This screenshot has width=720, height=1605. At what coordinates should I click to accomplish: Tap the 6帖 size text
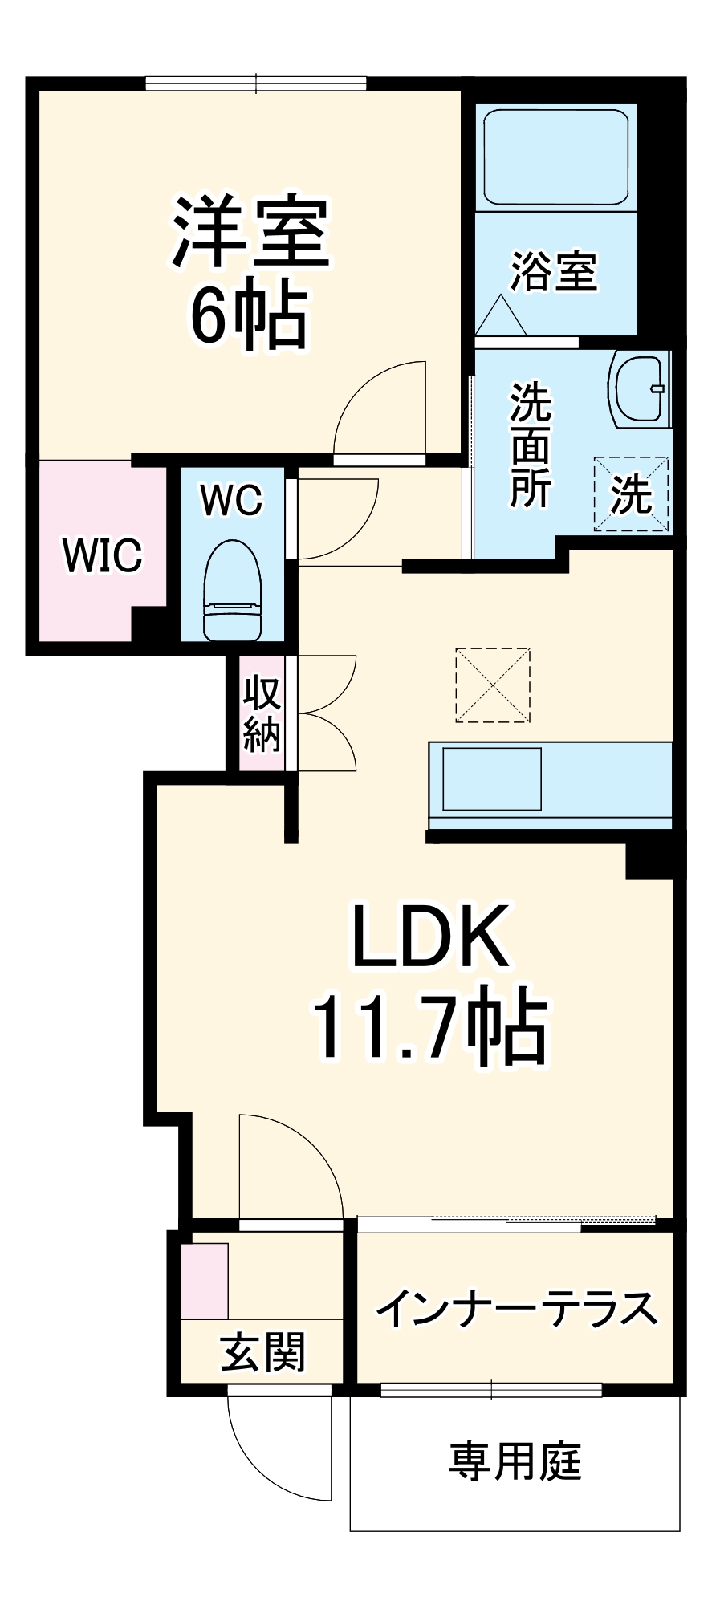pyautogui.click(x=249, y=315)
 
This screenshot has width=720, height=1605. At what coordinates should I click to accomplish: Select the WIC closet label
pyautogui.click(x=103, y=555)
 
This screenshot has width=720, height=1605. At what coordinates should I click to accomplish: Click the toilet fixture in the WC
pyautogui.click(x=233, y=591)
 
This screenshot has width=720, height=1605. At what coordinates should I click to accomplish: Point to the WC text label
pyautogui.click(x=232, y=500)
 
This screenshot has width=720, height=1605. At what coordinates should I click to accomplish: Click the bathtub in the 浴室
pyautogui.click(x=556, y=157)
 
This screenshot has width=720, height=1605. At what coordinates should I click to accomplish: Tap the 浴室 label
pyautogui.click(x=555, y=271)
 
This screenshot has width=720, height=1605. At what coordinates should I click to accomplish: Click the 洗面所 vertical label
pyautogui.click(x=531, y=445)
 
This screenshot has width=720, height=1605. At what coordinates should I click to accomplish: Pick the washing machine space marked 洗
pyautogui.click(x=631, y=494)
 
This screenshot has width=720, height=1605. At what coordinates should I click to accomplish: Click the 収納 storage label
pyautogui.click(x=262, y=713)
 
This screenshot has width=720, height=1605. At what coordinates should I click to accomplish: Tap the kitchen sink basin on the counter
pyautogui.click(x=492, y=778)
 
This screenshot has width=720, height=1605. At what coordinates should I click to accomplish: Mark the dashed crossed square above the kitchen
pyautogui.click(x=493, y=685)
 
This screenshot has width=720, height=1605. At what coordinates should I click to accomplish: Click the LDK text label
pyautogui.click(x=431, y=937)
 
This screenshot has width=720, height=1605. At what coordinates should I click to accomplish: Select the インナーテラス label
pyautogui.click(x=517, y=1309)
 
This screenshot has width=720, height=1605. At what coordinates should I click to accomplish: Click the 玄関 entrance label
pyautogui.click(x=263, y=1352)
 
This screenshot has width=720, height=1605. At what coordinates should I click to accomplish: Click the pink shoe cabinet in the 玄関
pyautogui.click(x=204, y=1280)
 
